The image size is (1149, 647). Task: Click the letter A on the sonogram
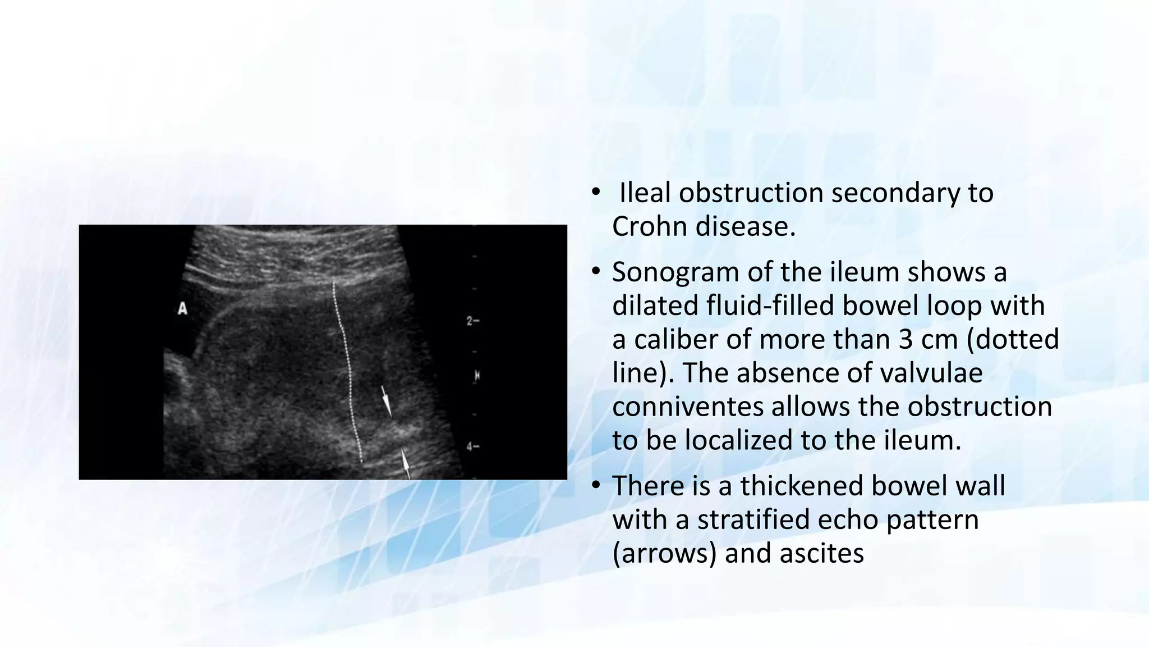[182, 308]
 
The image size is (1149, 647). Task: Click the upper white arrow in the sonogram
[386, 400]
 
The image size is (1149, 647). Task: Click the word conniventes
[687, 407]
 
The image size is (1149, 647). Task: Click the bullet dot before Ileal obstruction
[596, 193]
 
